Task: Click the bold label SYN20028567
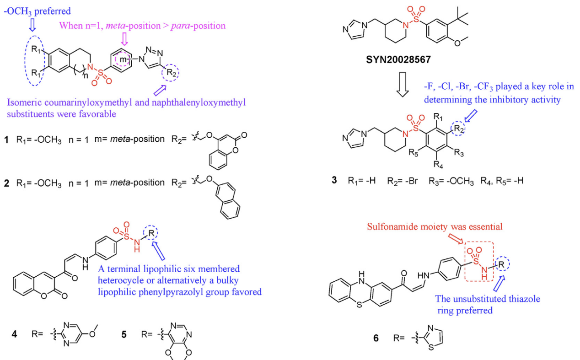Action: (x=398, y=60)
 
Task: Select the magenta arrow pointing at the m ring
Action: (x=124, y=39)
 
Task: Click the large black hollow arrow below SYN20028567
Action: (x=403, y=85)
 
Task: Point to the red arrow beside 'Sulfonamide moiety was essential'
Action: (x=456, y=238)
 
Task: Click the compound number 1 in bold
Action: (x=6, y=140)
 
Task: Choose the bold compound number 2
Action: (x=6, y=183)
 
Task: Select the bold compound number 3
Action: (x=334, y=180)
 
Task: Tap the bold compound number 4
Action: (x=15, y=334)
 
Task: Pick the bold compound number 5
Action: (x=124, y=334)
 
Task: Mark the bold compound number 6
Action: (x=376, y=338)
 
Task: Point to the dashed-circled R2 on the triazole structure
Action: (x=171, y=73)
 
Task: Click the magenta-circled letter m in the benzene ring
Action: (x=123, y=59)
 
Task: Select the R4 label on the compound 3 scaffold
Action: (x=438, y=164)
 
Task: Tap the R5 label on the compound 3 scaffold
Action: (x=413, y=153)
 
